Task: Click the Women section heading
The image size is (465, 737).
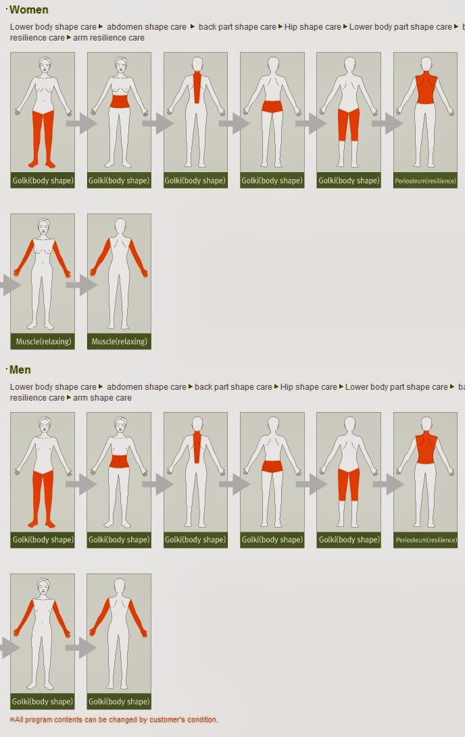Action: click(x=28, y=10)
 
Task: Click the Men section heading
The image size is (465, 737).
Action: click(x=20, y=370)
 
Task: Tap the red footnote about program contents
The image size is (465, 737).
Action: click(x=114, y=719)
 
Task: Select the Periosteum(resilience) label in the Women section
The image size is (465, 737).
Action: click(x=426, y=181)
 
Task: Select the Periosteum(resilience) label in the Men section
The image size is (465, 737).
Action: click(x=426, y=540)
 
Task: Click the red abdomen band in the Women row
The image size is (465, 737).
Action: click(x=120, y=102)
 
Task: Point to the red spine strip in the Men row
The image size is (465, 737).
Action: click(x=197, y=447)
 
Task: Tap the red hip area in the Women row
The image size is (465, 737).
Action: click(x=272, y=107)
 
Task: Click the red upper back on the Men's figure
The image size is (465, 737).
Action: click(x=426, y=448)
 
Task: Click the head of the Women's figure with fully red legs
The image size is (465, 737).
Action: click(x=45, y=64)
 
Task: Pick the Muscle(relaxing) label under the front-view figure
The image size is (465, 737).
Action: click(x=43, y=342)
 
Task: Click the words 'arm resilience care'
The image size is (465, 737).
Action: click(x=109, y=38)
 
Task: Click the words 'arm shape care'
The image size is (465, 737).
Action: click(x=102, y=398)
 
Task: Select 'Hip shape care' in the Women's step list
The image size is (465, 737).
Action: click(x=313, y=27)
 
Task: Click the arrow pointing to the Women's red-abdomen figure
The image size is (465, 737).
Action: click(x=81, y=124)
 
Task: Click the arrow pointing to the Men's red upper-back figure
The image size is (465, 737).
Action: click(x=388, y=484)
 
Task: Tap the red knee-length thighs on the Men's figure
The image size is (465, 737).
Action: click(x=349, y=484)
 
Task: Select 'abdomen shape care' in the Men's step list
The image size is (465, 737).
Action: click(x=147, y=387)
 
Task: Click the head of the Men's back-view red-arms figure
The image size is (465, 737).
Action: click(x=120, y=586)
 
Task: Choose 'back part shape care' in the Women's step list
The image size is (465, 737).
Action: click(x=237, y=27)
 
